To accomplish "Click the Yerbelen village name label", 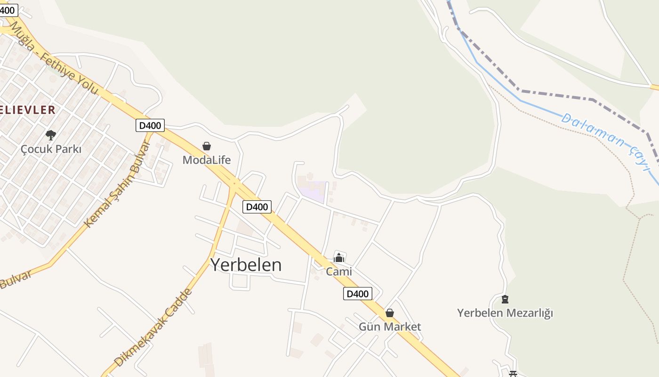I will point(246,265).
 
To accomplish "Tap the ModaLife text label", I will point(207,160).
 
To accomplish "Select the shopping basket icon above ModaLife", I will point(207,146).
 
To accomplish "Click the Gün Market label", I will point(390,327).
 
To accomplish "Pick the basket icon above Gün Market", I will point(390,313).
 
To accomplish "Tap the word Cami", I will point(339,272).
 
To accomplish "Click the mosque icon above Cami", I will point(339,258).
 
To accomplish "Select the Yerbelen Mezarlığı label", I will point(505,313).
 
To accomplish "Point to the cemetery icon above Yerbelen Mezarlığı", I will point(505,299).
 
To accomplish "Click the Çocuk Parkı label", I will point(51,149).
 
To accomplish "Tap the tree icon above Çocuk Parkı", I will point(51,135).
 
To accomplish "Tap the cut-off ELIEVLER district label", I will point(27,110).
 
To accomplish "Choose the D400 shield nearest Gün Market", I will point(357,294).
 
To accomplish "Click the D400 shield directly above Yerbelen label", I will point(257,206).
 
